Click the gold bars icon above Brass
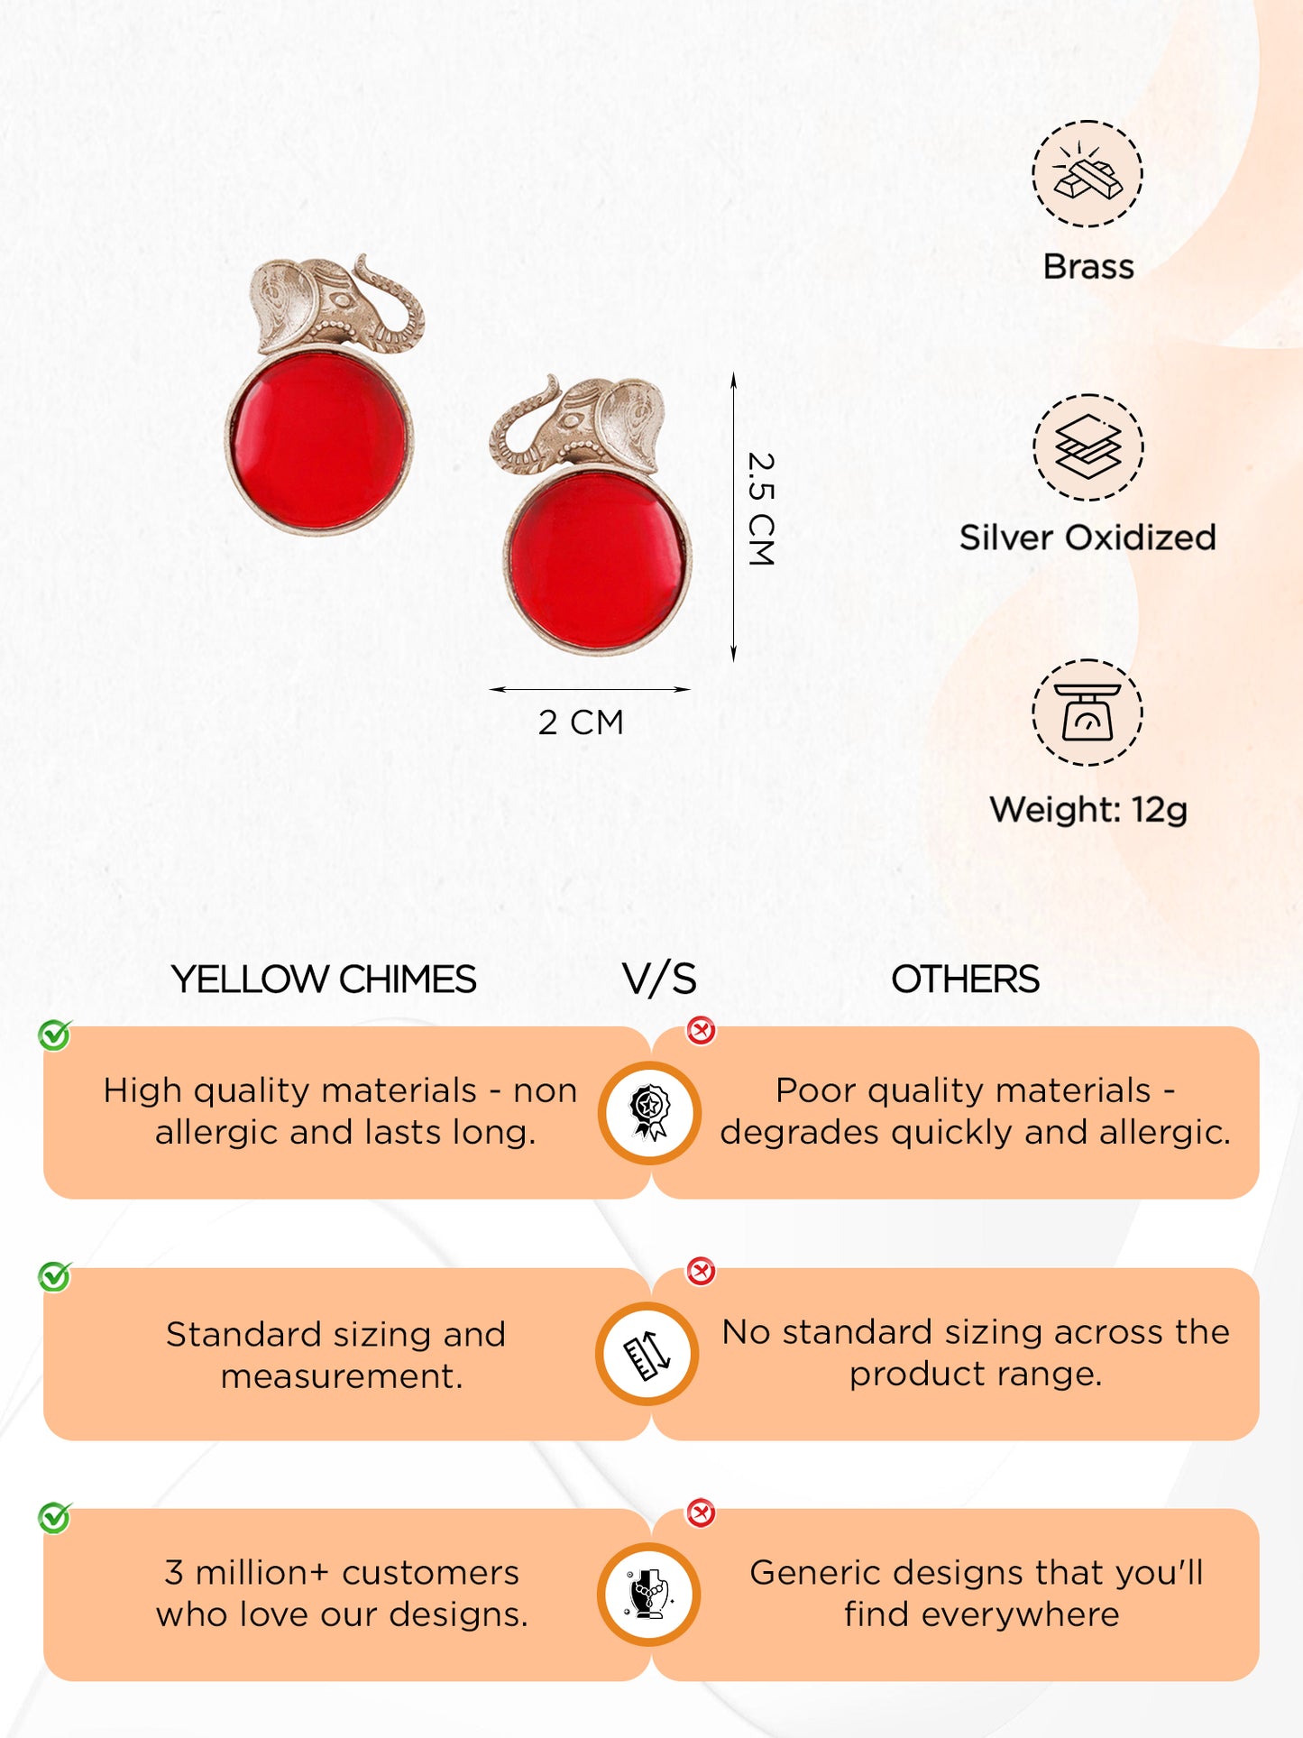click(x=1087, y=173)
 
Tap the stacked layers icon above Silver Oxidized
click(x=1087, y=447)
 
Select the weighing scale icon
click(x=1087, y=713)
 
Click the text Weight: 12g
click(x=1088, y=810)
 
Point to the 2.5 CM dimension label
click(x=761, y=510)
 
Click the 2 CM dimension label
click(x=581, y=722)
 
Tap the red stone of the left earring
click(x=319, y=441)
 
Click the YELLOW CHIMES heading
click(x=324, y=979)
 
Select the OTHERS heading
click(x=965, y=979)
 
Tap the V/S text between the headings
click(x=659, y=979)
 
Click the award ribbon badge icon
click(x=649, y=1112)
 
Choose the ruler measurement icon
click(x=647, y=1353)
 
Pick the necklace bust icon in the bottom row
click(x=648, y=1594)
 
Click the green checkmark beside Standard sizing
click(x=55, y=1276)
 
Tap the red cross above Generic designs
click(x=701, y=1513)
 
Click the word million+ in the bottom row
click(x=262, y=1573)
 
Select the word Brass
click(x=1088, y=267)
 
